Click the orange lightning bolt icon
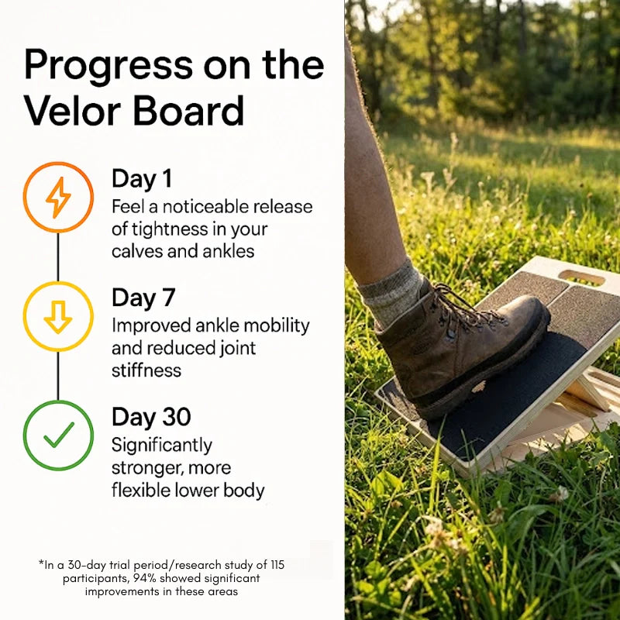click(58, 197)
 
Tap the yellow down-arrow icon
click(58, 316)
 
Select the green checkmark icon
click(58, 435)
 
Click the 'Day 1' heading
click(142, 179)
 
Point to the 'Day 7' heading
click(143, 298)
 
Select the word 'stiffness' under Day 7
click(146, 370)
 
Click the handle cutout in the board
click(581, 277)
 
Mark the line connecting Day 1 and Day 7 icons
click(58, 257)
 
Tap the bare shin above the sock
click(372, 194)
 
